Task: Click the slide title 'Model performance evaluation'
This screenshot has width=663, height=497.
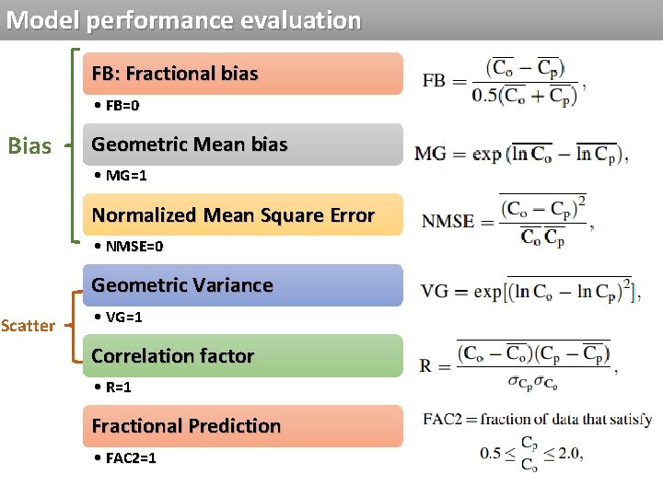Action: click(x=183, y=20)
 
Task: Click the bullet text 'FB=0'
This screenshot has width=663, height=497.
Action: click(x=122, y=106)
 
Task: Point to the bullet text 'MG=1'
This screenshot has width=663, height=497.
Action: click(x=125, y=176)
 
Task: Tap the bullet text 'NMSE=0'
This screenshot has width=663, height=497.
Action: click(x=134, y=247)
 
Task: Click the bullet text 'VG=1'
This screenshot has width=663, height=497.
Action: click(x=123, y=318)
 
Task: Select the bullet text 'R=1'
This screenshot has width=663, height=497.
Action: click(x=118, y=387)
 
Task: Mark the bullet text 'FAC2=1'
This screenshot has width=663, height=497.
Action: click(x=130, y=458)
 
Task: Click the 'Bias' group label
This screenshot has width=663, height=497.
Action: click(x=29, y=145)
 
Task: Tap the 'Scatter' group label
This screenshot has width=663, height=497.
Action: click(x=28, y=326)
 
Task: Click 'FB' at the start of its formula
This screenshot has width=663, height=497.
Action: click(x=434, y=80)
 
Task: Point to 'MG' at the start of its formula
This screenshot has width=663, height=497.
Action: click(x=431, y=153)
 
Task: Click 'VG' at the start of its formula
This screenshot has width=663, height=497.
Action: click(x=434, y=292)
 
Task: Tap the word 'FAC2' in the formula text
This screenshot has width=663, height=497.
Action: click(x=442, y=420)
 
